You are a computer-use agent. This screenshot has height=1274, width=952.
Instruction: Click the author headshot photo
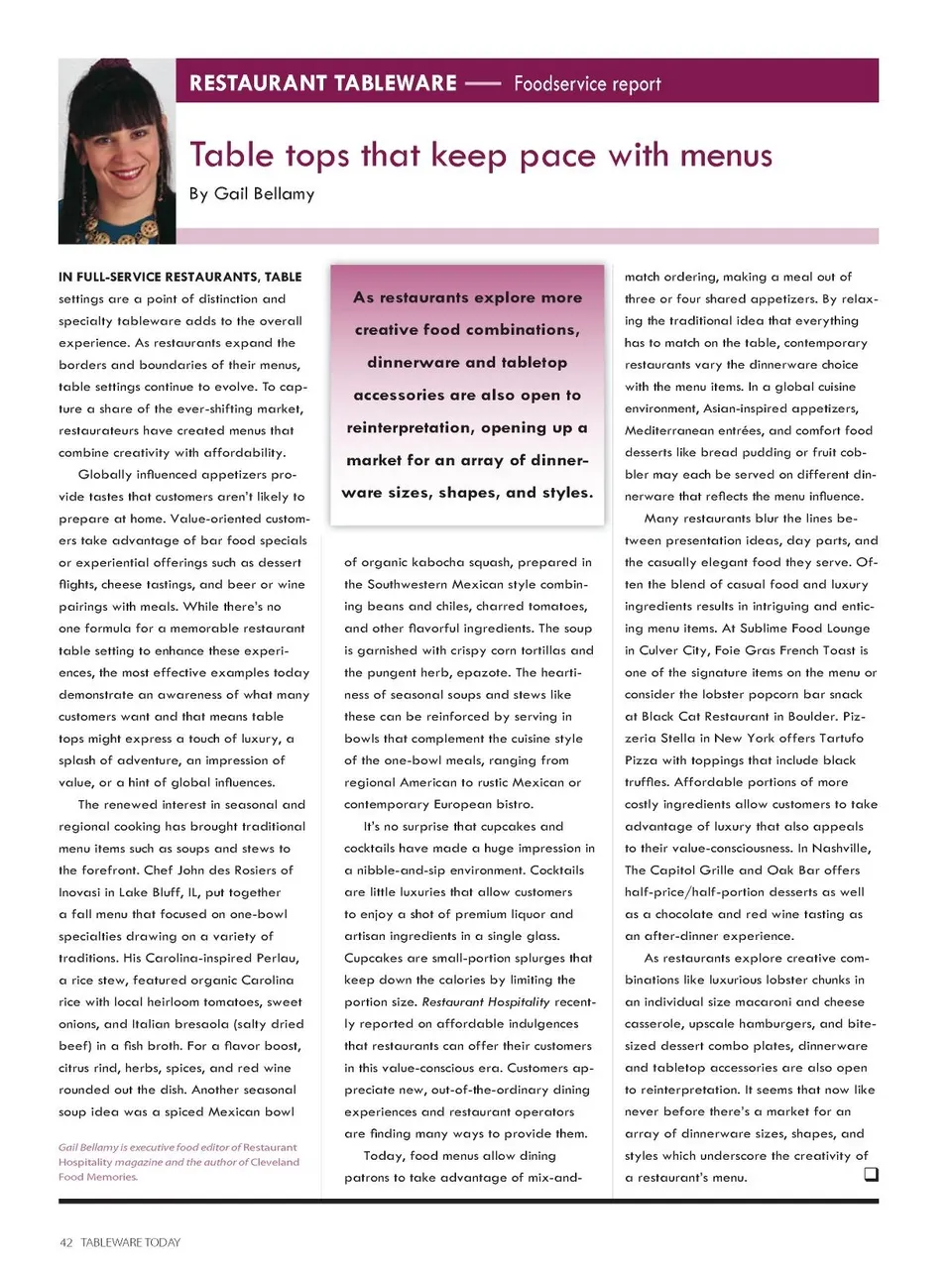tap(117, 151)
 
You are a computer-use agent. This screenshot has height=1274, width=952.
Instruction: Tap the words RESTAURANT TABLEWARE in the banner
tap(323, 83)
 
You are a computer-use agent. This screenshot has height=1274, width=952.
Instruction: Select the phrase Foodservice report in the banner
tap(587, 84)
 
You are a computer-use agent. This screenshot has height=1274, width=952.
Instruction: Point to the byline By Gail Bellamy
tap(252, 193)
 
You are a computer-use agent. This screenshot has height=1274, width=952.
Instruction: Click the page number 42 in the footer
tap(66, 1242)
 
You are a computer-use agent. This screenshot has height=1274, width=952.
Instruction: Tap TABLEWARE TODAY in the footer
tap(131, 1242)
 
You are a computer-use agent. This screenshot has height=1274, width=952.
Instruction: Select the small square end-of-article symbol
tap(871, 1175)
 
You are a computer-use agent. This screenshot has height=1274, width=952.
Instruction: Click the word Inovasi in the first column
tap(79, 892)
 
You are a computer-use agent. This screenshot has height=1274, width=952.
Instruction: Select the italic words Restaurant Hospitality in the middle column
tap(485, 1002)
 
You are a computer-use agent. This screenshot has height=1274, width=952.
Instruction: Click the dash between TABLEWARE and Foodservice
tap(483, 84)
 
